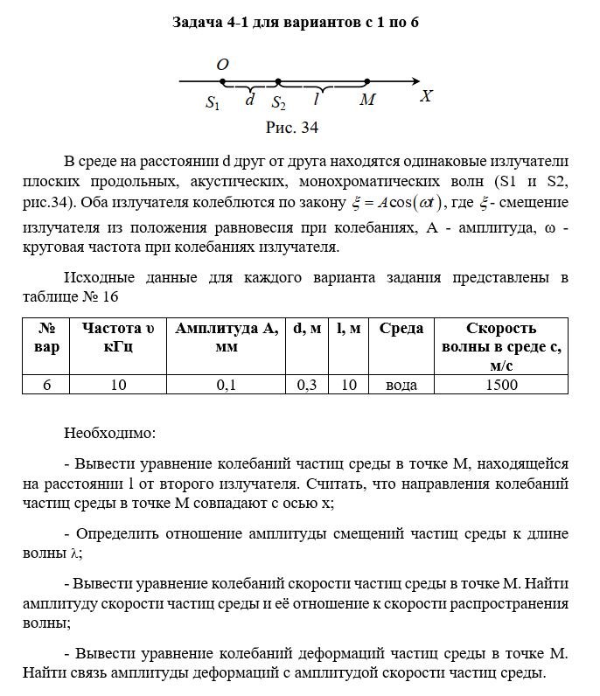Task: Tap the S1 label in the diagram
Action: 213,103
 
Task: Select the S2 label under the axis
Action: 278,103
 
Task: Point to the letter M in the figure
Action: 367,101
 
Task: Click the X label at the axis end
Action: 426,96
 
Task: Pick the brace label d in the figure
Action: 250,100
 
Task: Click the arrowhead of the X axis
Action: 410,82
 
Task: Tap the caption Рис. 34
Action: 291,129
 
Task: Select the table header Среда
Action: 401,329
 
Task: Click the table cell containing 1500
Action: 500,385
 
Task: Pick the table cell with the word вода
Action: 401,385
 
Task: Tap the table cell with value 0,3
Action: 306,385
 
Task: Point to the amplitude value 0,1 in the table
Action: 226,385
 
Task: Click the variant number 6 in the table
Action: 47,385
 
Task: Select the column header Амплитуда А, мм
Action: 227,338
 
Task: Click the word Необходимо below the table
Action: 110,432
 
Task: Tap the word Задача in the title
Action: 204,22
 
